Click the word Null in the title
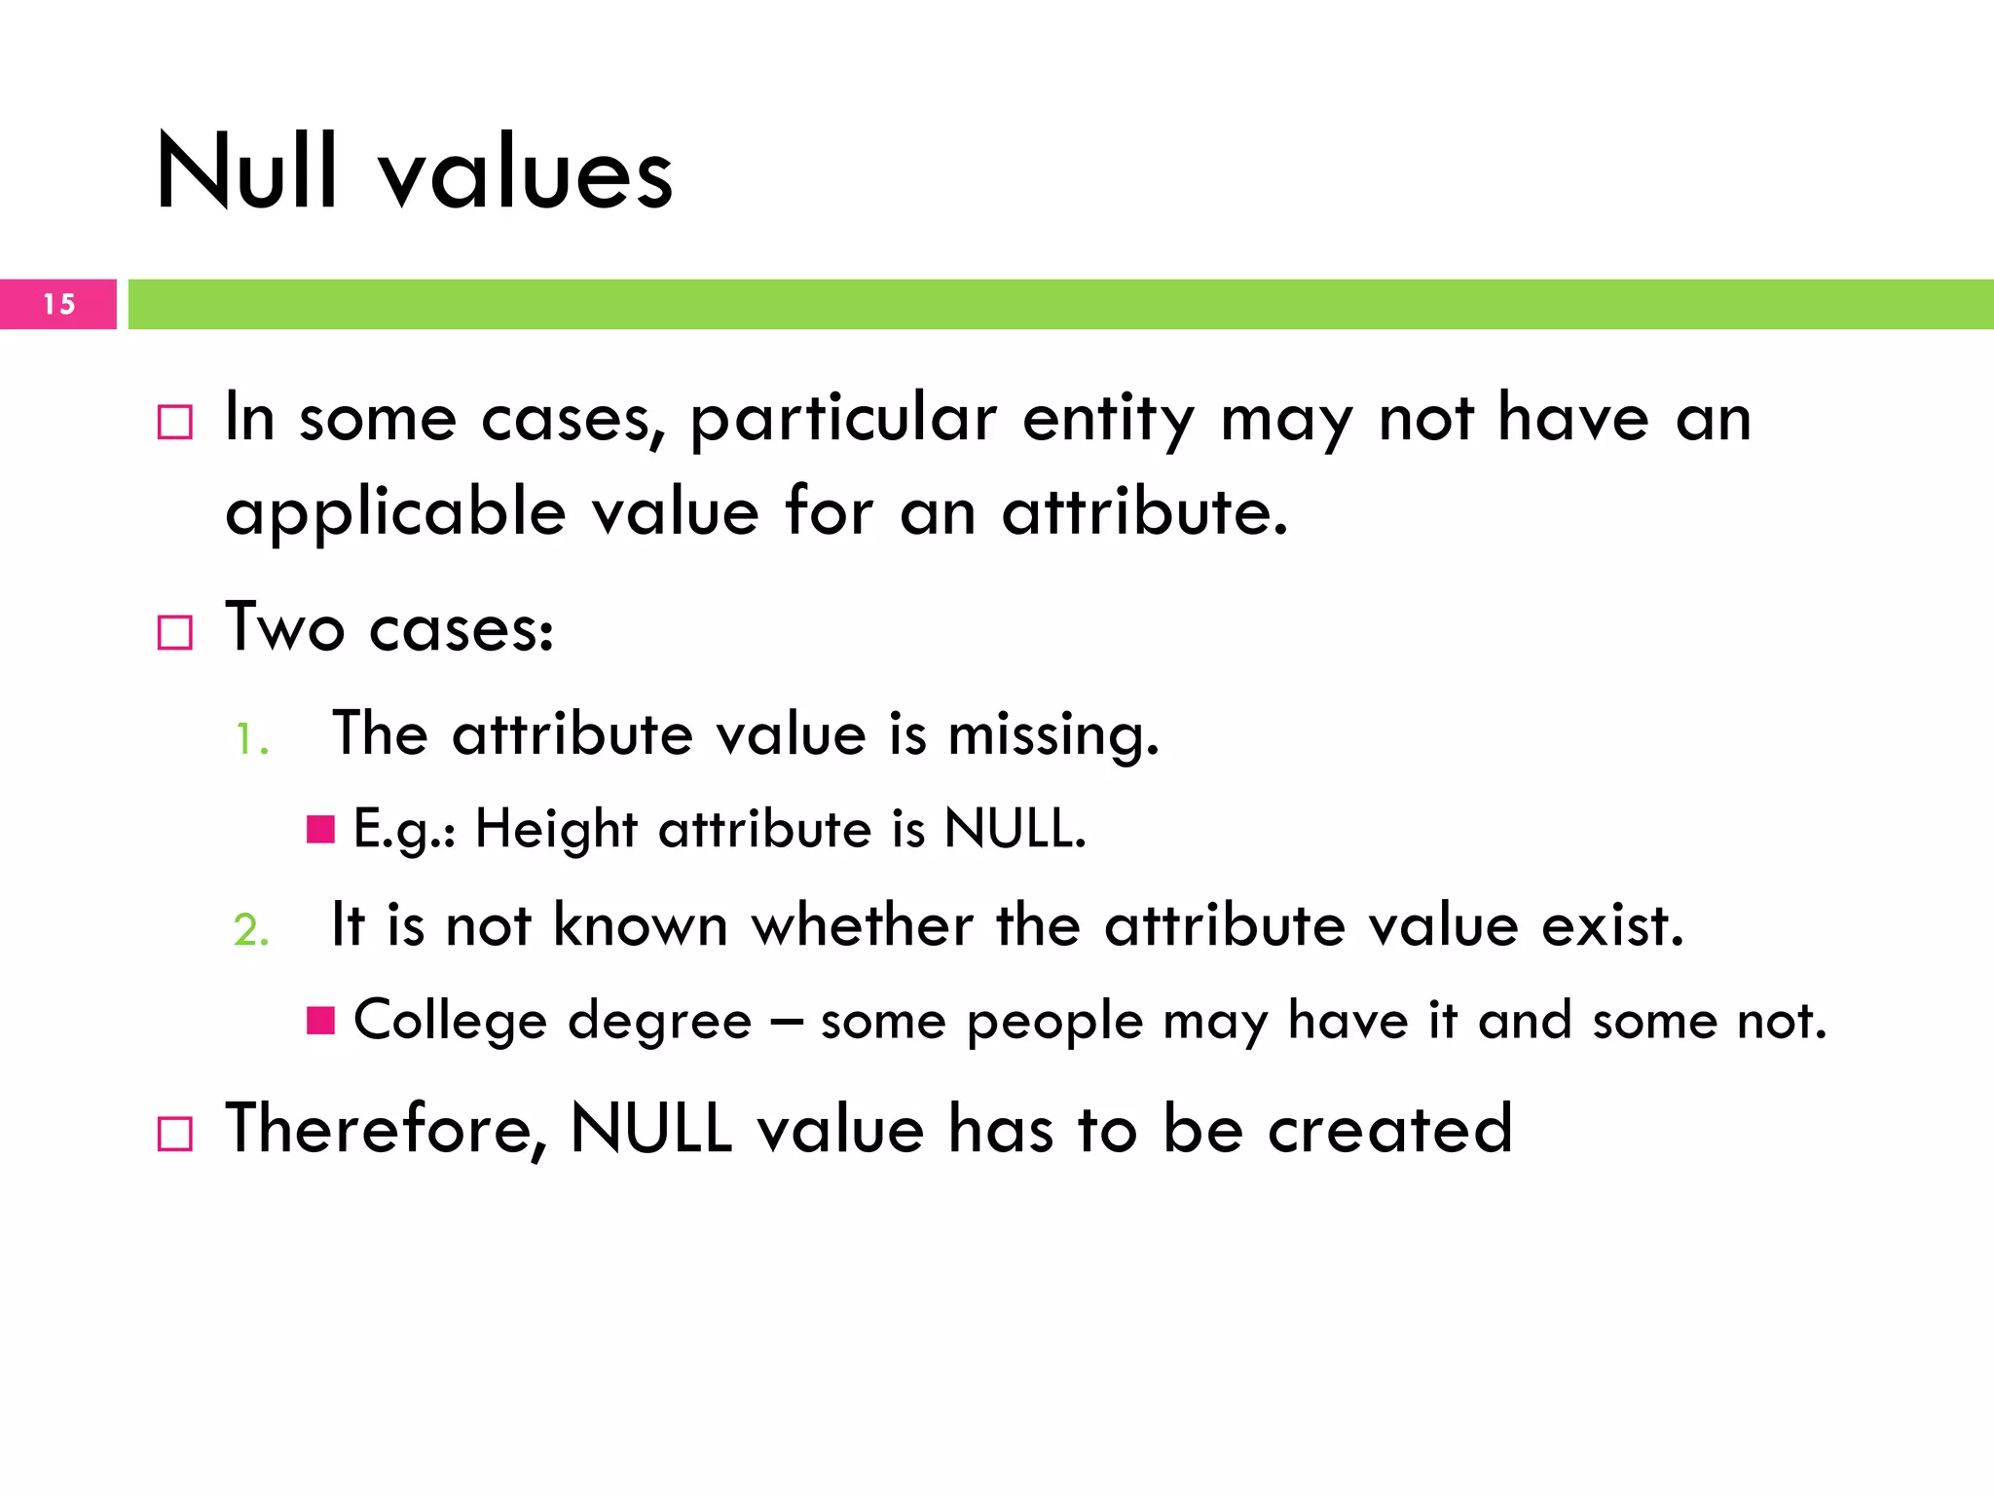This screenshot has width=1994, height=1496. pos(247,172)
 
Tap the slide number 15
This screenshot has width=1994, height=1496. pos(59,305)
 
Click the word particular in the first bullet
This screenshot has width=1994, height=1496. pos(844,421)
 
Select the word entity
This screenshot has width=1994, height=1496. pos(1108,421)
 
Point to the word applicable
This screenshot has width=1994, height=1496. pos(395,513)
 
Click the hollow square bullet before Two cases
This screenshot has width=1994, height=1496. pos(175,633)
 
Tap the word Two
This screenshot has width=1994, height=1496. pos(284,627)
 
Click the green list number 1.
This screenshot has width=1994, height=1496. pos(249,739)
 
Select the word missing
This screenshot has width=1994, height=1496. pos(1053,736)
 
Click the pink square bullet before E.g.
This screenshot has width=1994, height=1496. pos(320,830)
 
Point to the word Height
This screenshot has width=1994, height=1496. pos(556,830)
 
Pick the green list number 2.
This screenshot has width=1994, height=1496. pos(251,930)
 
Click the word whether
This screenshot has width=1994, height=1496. pos(862,925)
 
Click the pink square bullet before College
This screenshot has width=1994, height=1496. pos(320,1021)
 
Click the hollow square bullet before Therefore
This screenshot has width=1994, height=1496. pos(175,1135)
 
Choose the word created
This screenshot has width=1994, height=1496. pos(1389,1130)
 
